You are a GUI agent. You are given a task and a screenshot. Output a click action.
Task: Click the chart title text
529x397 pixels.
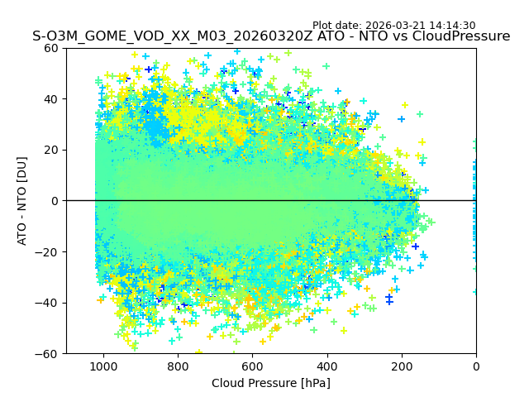pos(271,36)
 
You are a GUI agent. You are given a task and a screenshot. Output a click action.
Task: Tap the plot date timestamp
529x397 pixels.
pos(393,26)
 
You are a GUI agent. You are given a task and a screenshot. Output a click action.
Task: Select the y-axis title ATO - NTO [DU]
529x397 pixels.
pos(22,201)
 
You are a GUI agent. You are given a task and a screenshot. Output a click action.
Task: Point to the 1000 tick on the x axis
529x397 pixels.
pos(103,365)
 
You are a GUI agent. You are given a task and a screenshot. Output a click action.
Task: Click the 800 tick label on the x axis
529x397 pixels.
pos(178,365)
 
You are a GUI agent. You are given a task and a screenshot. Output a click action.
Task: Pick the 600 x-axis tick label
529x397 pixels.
pos(252,365)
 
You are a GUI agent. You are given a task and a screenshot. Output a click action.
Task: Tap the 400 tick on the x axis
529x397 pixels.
pos(326,365)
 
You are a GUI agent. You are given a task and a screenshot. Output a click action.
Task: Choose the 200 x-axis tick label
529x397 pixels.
pos(402,365)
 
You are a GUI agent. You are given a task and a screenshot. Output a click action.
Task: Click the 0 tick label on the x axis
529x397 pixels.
pos(476,365)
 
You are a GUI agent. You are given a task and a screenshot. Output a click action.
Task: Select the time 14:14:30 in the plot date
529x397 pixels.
pos(452,26)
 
